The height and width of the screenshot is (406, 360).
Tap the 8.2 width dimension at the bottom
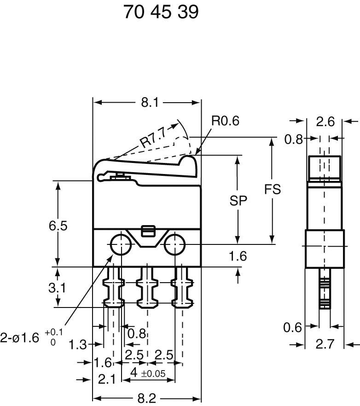147,398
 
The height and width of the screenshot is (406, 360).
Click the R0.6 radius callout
226,121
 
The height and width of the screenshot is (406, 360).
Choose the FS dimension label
273,189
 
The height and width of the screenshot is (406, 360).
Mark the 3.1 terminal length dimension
57,288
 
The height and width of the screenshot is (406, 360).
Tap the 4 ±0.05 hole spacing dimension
148,372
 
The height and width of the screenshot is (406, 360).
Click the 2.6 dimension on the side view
325,122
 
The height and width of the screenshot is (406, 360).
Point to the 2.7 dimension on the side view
325,344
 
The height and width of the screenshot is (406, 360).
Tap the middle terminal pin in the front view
147,288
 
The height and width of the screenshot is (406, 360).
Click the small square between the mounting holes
147,231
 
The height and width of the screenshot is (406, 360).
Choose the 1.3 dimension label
78,344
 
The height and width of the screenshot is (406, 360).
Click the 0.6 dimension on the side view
292,327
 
